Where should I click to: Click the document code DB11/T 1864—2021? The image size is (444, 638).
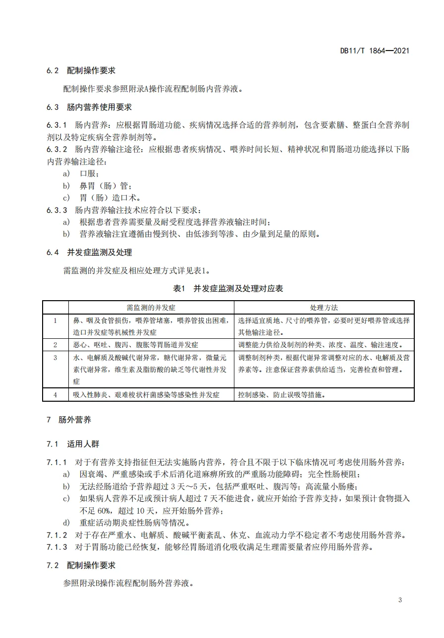[375, 51]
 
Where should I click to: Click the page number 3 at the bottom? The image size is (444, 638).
[400, 600]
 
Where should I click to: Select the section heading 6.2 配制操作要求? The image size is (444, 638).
[81, 71]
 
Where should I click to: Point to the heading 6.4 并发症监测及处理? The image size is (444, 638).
[89, 253]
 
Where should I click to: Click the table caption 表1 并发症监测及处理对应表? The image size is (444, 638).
[228, 289]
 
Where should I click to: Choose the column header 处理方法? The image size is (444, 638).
[324, 308]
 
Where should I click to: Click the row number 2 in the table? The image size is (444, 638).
[55, 345]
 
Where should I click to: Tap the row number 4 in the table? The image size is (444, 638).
[55, 395]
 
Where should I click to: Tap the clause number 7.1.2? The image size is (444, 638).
[57, 535]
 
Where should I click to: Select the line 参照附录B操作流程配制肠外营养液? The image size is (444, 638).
[128, 583]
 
